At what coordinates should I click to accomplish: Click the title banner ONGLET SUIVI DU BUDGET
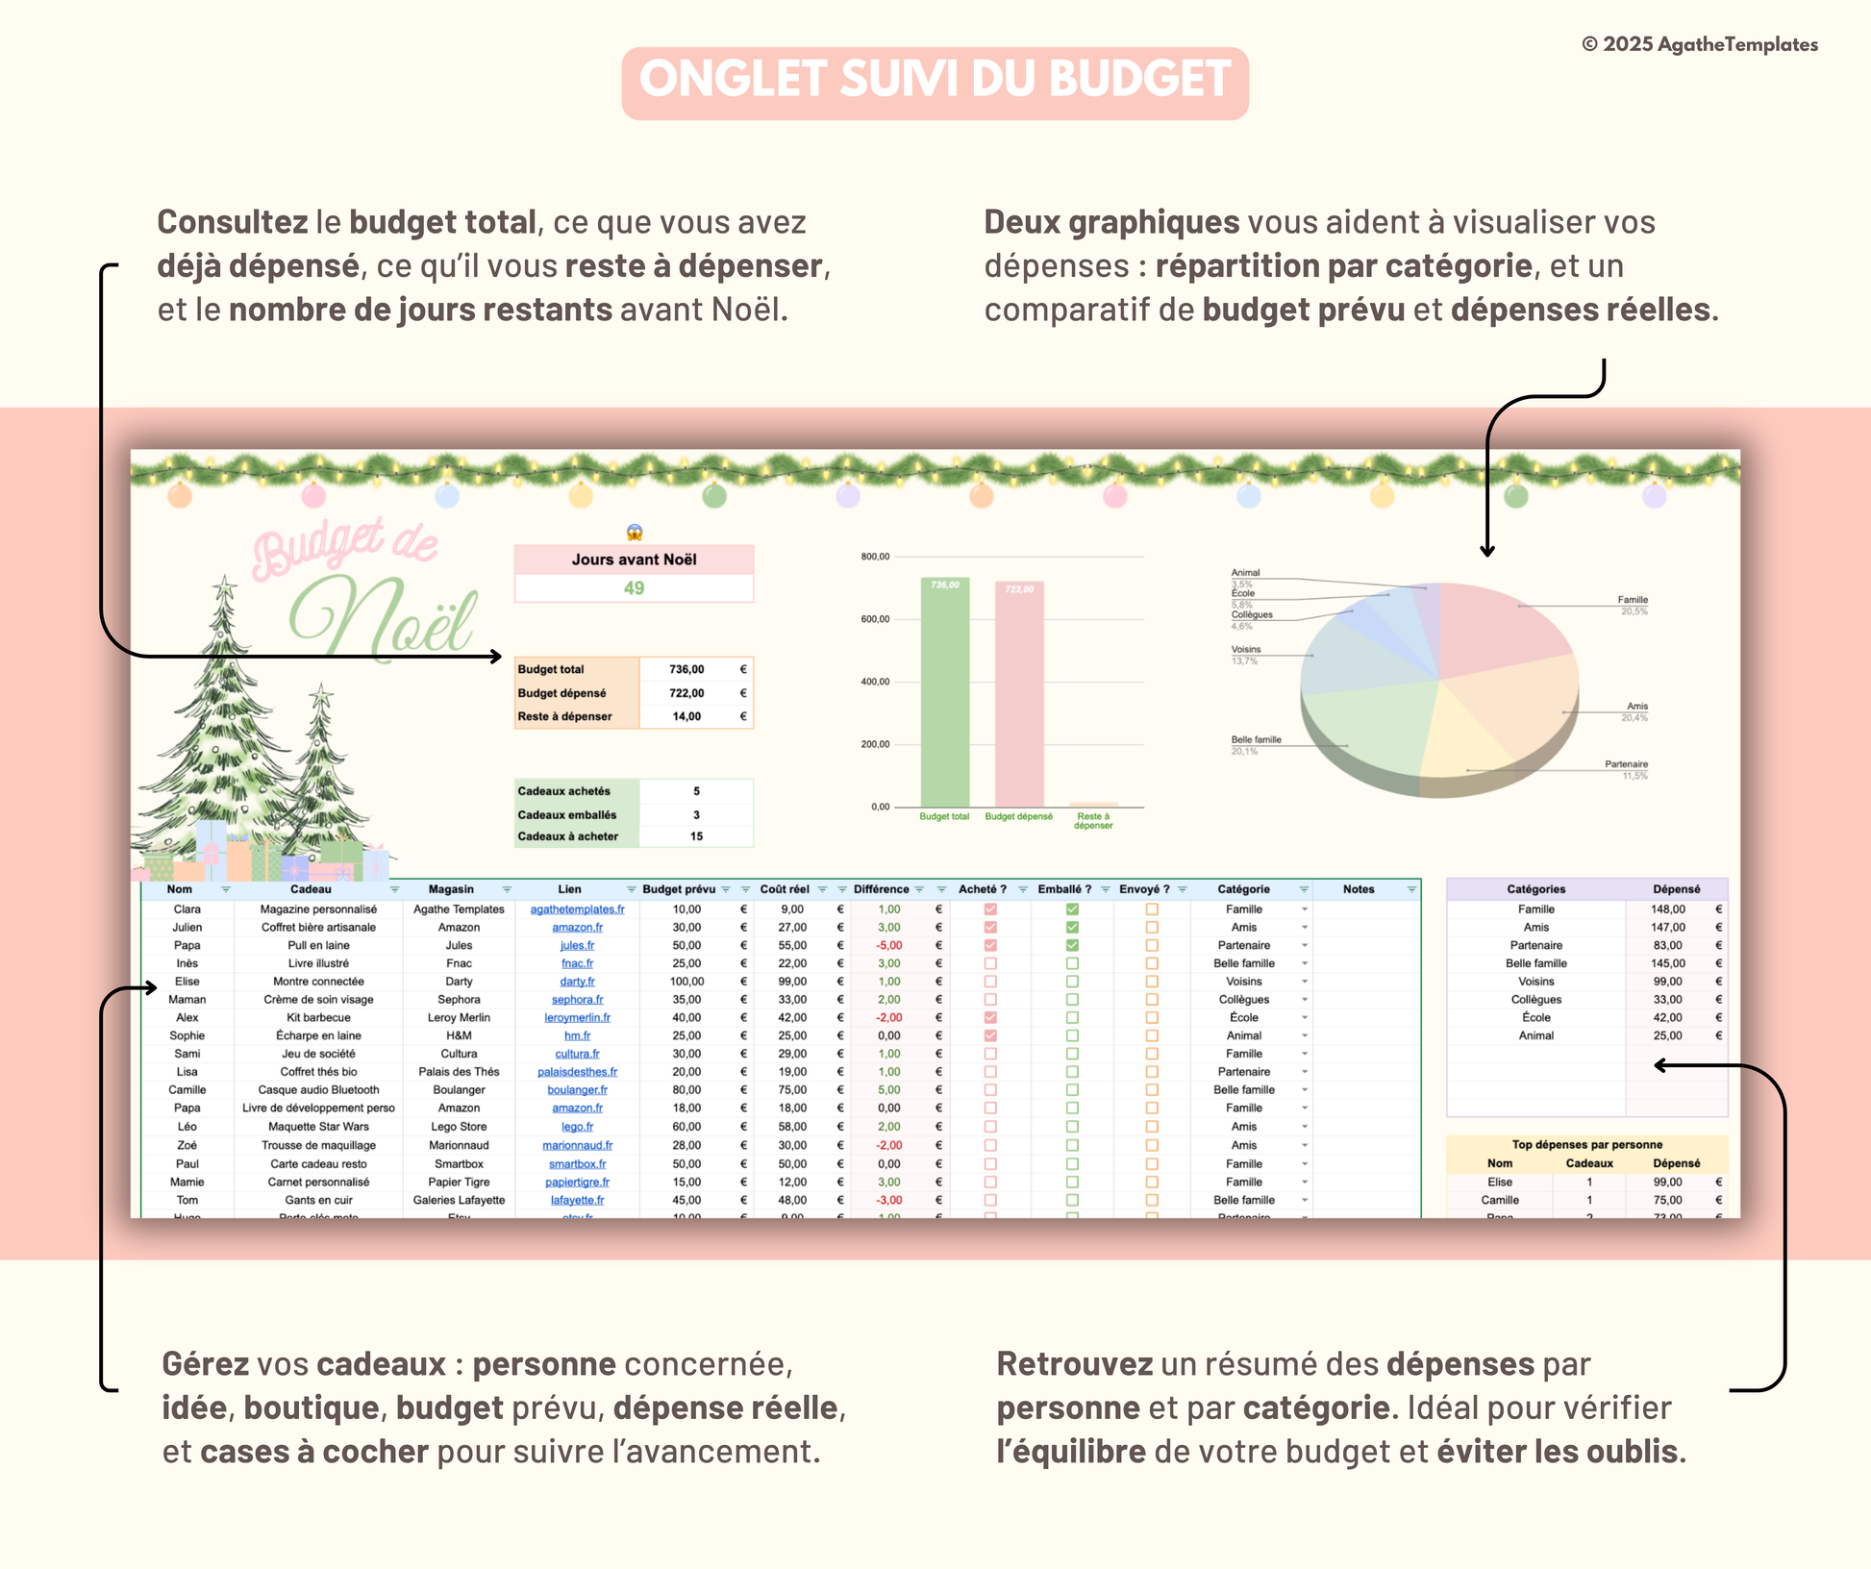(935, 82)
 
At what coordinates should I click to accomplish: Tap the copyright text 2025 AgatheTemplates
(1699, 45)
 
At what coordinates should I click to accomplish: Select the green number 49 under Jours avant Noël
(634, 588)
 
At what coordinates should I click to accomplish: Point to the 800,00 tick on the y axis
(875, 557)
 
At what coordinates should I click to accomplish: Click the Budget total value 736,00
(686, 669)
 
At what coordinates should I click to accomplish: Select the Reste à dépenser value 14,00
(686, 716)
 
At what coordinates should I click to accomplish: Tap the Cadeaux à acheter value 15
(696, 836)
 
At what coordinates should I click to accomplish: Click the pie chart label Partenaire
(1626, 764)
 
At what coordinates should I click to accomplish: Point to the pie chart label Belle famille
(1256, 739)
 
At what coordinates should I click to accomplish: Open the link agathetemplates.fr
(577, 909)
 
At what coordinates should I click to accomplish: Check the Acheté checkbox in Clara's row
(990, 909)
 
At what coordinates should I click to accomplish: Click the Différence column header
(881, 889)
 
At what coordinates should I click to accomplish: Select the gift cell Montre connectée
(318, 982)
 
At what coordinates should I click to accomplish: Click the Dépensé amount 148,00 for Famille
(1667, 909)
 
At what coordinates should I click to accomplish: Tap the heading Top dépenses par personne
(1586, 1144)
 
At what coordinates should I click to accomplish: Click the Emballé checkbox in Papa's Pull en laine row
(1072, 946)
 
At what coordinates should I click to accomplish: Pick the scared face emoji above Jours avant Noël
(635, 532)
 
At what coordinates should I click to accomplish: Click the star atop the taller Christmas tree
(225, 583)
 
